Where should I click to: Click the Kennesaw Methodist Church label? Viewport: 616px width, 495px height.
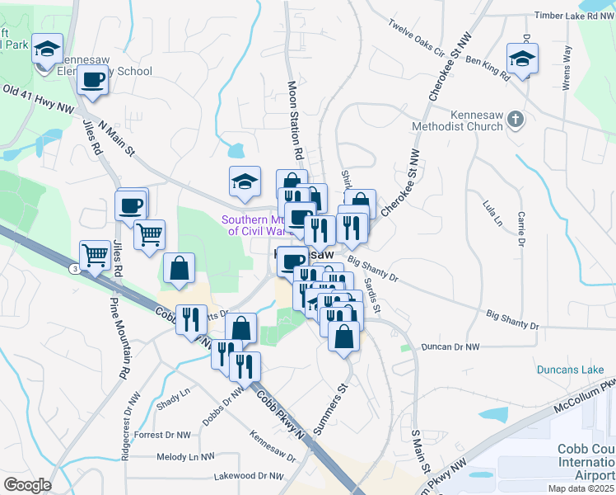tap(464, 120)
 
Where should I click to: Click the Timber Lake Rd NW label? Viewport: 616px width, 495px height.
tap(574, 16)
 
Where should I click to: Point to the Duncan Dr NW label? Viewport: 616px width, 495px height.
tap(450, 348)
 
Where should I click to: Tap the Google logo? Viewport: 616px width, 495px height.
tap(27, 485)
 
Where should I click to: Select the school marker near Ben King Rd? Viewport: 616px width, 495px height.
tap(522, 59)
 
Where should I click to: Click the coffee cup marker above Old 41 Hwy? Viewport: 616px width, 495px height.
tap(93, 80)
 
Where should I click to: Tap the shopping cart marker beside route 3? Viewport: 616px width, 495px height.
tap(96, 255)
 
